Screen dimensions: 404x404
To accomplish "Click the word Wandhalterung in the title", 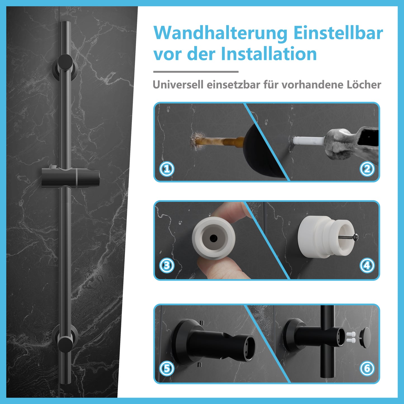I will pyautogui.click(x=220, y=34).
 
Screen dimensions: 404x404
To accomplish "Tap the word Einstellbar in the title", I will pyautogui.click(x=338, y=33).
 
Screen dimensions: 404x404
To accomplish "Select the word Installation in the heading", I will pyautogui.click(x=269, y=54).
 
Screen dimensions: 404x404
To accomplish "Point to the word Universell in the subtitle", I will pyautogui.click(x=178, y=85).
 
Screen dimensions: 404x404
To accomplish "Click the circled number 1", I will pyautogui.click(x=167, y=169).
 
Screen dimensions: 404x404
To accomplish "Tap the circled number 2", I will pyautogui.click(x=367, y=169).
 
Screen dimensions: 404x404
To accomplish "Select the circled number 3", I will pyautogui.click(x=167, y=265).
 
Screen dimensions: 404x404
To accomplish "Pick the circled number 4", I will pyautogui.click(x=367, y=265).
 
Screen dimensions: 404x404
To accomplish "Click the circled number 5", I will pyautogui.click(x=167, y=368).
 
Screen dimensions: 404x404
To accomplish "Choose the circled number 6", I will pyautogui.click(x=367, y=368).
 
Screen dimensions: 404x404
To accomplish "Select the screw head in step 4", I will pyautogui.click(x=356, y=237).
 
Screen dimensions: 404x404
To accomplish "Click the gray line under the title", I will pyautogui.click(x=196, y=72).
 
